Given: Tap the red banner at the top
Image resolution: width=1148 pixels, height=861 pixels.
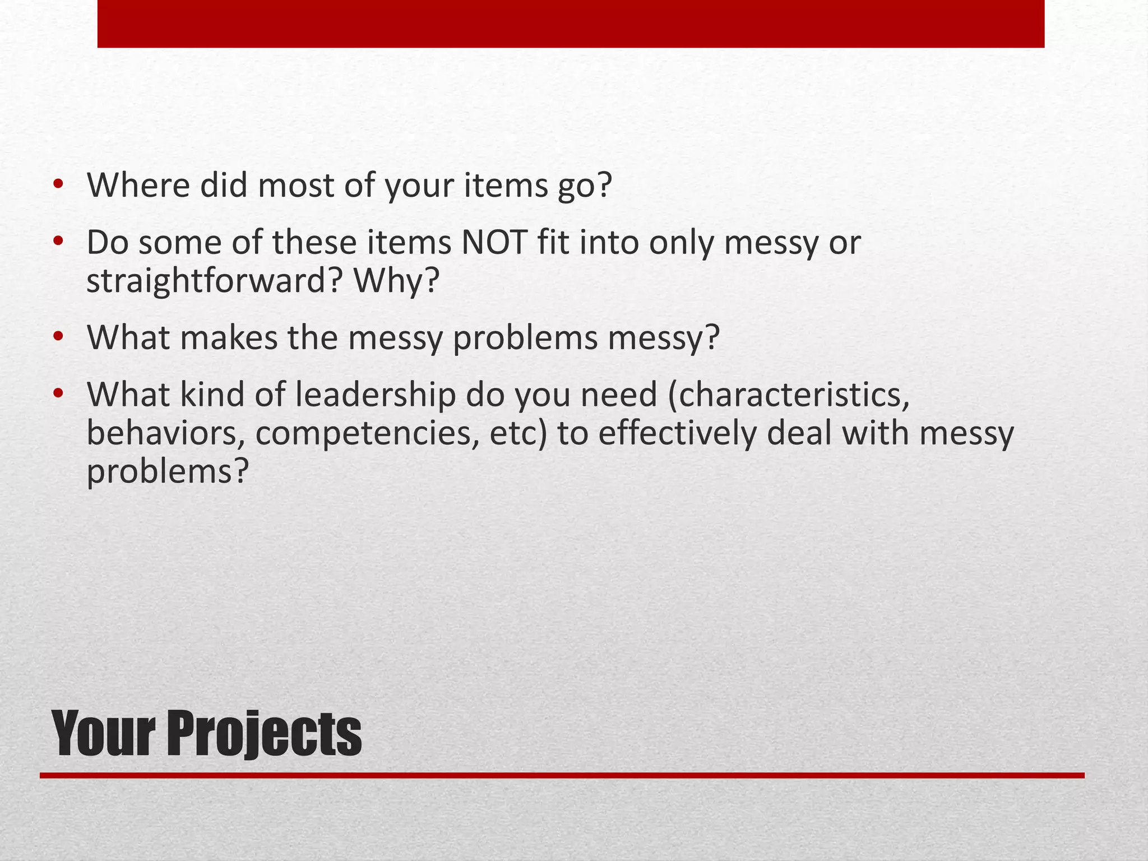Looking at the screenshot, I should click(x=571, y=24).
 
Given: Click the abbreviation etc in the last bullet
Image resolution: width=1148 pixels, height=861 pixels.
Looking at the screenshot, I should click(x=512, y=433).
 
